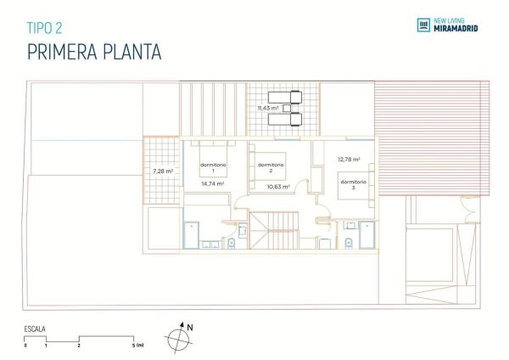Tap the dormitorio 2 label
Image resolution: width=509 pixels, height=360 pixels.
270,168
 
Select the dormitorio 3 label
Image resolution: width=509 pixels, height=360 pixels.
353,184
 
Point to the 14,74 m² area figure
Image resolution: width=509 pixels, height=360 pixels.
212,183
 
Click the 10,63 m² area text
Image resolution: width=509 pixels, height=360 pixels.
278,186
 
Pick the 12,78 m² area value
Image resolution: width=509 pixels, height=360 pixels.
349,159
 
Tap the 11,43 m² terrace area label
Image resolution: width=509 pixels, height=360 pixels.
269,109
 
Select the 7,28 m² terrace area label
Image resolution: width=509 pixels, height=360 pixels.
163,171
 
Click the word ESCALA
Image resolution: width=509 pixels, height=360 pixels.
36,328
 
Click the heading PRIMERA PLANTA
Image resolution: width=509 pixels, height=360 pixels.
94,53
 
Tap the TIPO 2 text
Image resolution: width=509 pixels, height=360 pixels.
45,27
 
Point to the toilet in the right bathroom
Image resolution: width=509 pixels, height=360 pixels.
348,244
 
